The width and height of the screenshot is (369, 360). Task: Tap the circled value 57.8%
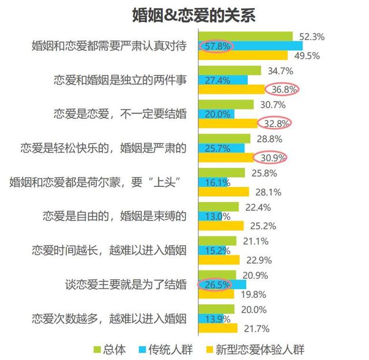(215, 45)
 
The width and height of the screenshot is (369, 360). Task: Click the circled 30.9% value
(270, 157)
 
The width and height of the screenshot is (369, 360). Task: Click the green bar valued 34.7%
(228, 70)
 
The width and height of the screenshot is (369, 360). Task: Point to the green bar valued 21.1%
(217, 241)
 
